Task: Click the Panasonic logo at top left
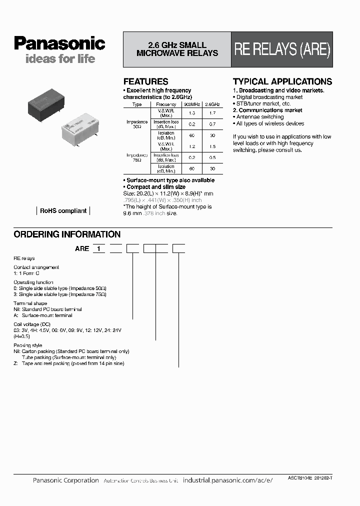(59, 44)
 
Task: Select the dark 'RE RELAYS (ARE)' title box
(282, 50)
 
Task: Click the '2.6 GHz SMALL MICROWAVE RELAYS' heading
(177, 49)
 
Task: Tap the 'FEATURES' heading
(145, 81)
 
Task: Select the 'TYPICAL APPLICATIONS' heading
(282, 81)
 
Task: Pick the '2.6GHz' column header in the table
(213, 104)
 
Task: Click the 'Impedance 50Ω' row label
(136, 124)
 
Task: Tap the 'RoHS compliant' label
(63, 211)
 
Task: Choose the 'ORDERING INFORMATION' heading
(67, 234)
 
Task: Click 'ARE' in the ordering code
(82, 248)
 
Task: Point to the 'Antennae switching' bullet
(263, 117)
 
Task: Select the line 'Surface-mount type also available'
(170, 180)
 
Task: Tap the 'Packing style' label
(28, 345)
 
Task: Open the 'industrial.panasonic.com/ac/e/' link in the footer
(228, 480)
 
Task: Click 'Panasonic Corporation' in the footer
(65, 480)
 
